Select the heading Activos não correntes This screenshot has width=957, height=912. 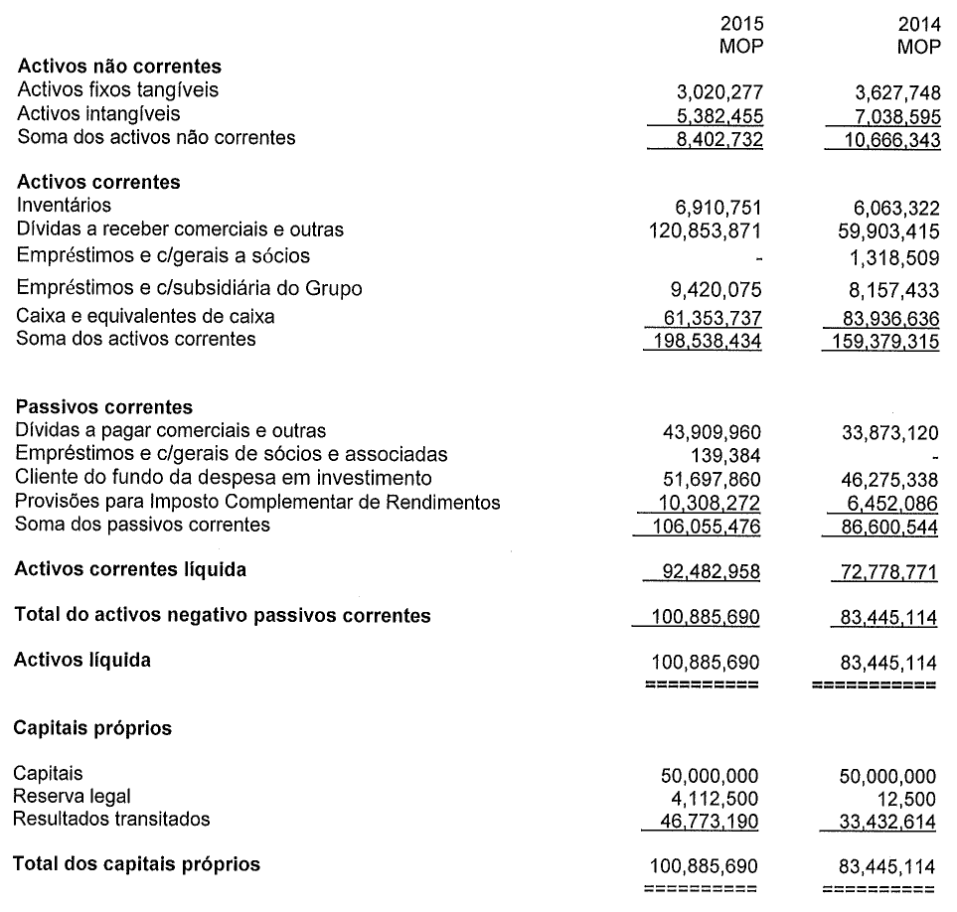click(118, 67)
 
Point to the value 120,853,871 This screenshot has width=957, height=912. click(704, 229)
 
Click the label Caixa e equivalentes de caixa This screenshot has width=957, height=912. click(145, 317)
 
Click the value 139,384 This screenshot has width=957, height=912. click(725, 454)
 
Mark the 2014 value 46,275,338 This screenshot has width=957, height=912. click(883, 478)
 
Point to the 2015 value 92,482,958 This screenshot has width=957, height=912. click(709, 571)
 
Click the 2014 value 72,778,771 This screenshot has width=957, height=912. click(883, 571)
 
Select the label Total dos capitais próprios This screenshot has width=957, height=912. click(136, 864)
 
